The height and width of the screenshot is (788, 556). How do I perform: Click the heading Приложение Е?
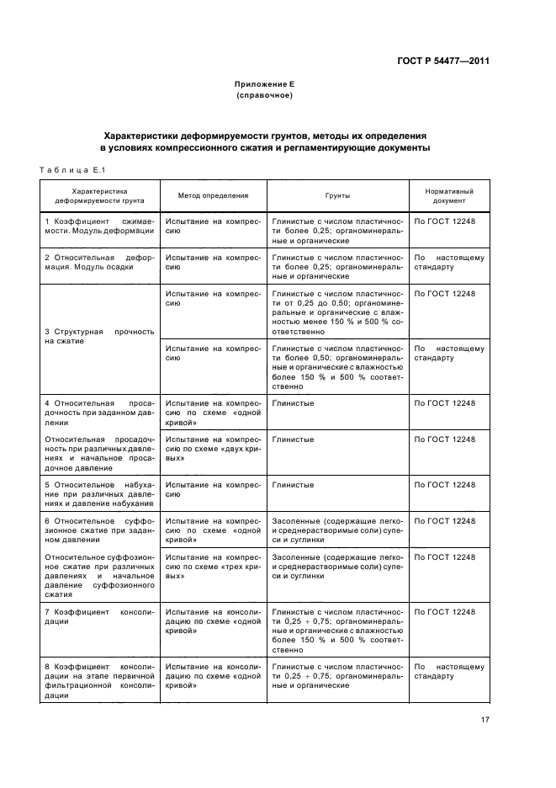point(264,85)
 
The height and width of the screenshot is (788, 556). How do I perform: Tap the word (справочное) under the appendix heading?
point(264,95)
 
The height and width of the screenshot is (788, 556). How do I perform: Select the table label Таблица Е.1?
point(71,172)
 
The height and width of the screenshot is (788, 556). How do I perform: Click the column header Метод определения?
point(213,195)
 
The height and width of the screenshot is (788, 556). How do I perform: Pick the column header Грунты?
point(337,195)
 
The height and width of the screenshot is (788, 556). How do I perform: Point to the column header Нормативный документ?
point(448,196)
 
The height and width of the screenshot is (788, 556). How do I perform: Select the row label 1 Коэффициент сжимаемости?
point(99,226)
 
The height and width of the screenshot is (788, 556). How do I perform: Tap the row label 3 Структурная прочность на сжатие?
point(99,337)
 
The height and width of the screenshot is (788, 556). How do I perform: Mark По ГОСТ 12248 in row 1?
point(445,221)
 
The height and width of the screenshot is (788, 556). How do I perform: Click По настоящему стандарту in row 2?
point(448,261)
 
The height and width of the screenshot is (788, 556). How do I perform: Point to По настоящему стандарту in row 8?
point(448,670)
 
